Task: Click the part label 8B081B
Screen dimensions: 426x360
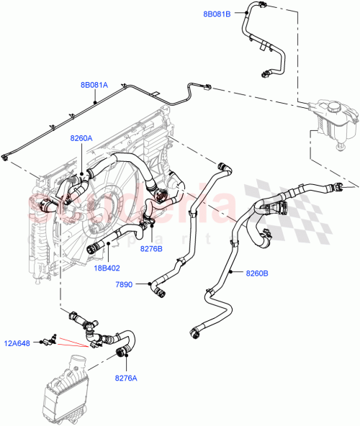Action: click(x=217, y=13)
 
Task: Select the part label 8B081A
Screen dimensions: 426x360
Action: click(x=94, y=85)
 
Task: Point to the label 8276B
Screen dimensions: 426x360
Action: click(x=152, y=249)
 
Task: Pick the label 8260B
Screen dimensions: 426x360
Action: click(x=257, y=273)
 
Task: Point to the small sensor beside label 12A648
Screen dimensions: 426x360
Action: click(x=52, y=336)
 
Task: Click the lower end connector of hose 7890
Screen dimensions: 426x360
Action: click(x=158, y=291)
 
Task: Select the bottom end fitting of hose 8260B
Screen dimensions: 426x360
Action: click(x=194, y=332)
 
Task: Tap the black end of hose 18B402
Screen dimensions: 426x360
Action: click(x=93, y=249)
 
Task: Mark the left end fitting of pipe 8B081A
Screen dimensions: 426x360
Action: click(x=6, y=156)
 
